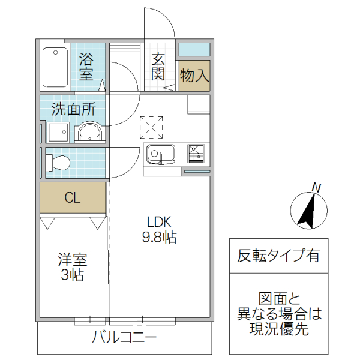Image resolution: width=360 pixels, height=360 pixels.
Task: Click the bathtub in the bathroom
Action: click(55, 67)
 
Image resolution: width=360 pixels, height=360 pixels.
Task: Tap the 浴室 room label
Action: click(86, 67)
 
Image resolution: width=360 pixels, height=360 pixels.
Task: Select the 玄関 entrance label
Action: click(158, 66)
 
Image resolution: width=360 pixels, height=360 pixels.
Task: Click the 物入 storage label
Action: click(194, 75)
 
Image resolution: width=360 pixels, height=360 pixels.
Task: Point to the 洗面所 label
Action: click(73, 109)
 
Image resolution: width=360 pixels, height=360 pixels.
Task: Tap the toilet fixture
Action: click(58, 162)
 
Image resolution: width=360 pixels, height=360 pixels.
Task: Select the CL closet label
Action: click(73, 198)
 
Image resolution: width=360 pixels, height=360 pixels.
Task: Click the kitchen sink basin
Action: click(160, 155)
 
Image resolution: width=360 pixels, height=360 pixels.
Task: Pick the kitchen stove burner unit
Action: click(196, 154)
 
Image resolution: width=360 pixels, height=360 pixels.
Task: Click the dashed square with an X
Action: click(151, 127)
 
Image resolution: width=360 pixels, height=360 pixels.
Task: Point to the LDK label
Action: click(159, 220)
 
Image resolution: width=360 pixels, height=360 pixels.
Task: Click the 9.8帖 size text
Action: click(159, 237)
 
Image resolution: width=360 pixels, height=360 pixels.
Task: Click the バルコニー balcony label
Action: click(124, 337)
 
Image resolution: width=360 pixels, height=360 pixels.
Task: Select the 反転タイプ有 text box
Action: click(279, 256)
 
